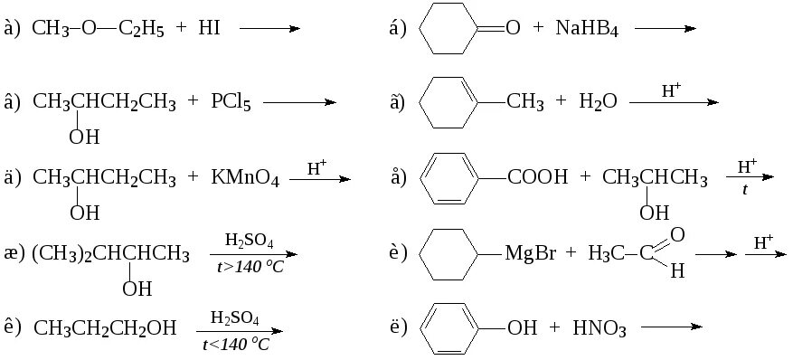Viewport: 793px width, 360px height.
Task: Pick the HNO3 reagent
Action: tap(599, 328)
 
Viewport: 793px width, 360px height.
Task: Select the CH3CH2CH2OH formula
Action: tap(105, 328)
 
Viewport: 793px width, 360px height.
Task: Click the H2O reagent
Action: tap(598, 103)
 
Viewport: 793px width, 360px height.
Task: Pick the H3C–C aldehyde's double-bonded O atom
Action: tap(677, 234)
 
